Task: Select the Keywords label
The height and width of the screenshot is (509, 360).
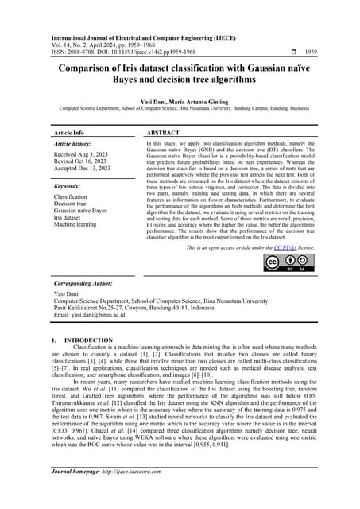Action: coord(69,185)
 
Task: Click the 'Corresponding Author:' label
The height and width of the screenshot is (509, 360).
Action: coord(84,284)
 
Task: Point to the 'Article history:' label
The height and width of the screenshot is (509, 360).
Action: coord(74,144)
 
